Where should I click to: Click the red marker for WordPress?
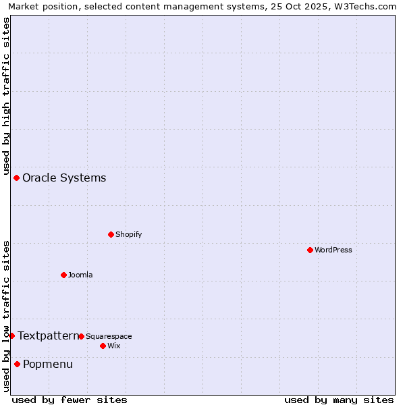[x=310, y=250]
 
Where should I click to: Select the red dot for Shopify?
[x=111, y=234]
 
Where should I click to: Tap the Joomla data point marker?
[x=63, y=275]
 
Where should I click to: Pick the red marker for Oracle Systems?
[x=16, y=178]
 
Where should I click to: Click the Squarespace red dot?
[x=81, y=336]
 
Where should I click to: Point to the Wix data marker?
[x=103, y=346]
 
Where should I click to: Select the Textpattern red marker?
[x=11, y=335]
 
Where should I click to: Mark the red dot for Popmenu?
[x=17, y=364]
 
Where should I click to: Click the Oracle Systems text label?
[x=64, y=178]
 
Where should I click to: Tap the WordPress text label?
[x=333, y=250]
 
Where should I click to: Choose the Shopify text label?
[x=128, y=234]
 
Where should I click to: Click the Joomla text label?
[x=80, y=275]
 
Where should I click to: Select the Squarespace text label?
[x=109, y=336]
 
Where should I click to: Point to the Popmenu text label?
[x=48, y=364]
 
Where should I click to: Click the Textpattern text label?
[x=48, y=335]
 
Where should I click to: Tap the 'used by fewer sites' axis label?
[x=70, y=400]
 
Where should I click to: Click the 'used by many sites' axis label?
[x=339, y=400]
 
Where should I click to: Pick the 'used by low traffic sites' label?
[x=6, y=315]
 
